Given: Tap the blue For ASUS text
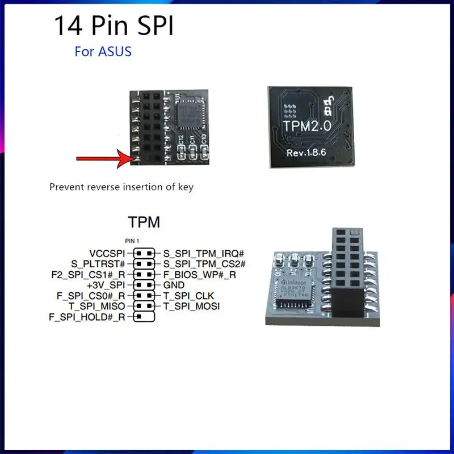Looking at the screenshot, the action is (103, 52).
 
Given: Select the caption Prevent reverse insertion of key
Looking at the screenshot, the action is (121, 187).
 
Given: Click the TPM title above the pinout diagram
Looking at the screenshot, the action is (144, 222).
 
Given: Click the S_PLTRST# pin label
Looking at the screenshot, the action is (98, 264).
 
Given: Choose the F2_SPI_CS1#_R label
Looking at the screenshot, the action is (88, 275).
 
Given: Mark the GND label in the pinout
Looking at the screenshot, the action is (174, 285).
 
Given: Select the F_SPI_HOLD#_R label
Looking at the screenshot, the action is (87, 317).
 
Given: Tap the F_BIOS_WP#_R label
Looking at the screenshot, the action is (199, 275).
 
